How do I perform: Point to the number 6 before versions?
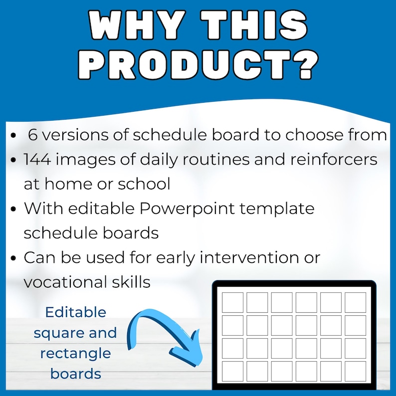33,135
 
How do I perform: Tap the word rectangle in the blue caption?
75,353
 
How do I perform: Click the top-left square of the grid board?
232,302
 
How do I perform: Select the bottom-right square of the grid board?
355,372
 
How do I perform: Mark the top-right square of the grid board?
355,302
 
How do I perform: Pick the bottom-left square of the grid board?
232,372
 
